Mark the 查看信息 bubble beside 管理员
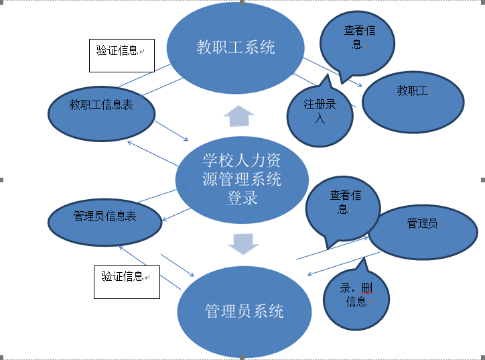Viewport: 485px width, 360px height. pyautogui.click(x=342, y=208)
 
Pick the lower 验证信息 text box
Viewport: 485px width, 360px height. pyautogui.click(x=127, y=281)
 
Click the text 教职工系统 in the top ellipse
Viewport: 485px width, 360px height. pyautogui.click(x=235, y=48)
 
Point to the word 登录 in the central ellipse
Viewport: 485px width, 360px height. pyautogui.click(x=242, y=198)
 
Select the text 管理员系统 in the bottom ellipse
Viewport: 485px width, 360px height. pyautogui.click(x=245, y=311)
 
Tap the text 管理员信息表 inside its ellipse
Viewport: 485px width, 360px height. pyautogui.click(x=105, y=217)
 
